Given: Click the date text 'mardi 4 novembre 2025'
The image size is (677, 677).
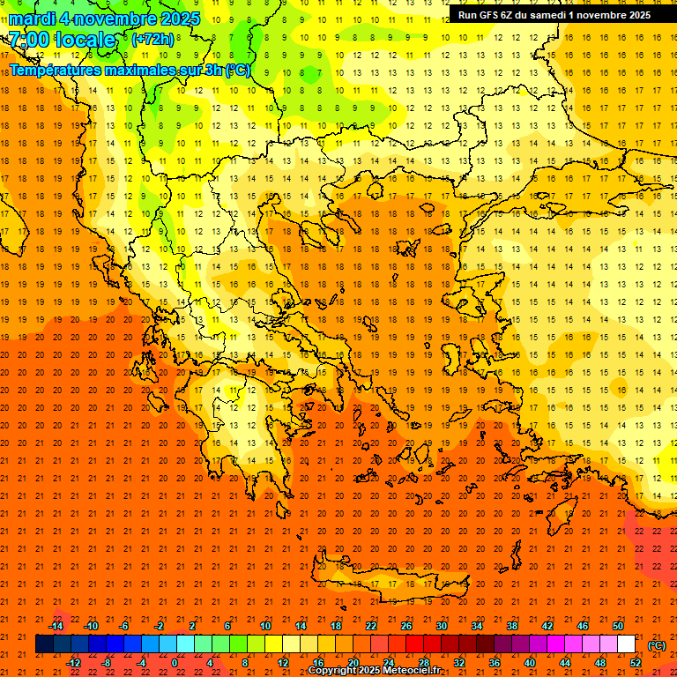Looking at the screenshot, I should pyautogui.click(x=105, y=19).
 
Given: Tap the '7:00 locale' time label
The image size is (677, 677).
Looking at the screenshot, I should pyautogui.click(x=62, y=40).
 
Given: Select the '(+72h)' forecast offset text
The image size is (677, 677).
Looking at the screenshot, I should pyautogui.click(x=153, y=40).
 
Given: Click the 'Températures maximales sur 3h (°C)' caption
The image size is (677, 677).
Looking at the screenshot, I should pyautogui.click(x=130, y=70).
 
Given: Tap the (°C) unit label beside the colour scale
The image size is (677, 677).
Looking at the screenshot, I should pyautogui.click(x=657, y=645).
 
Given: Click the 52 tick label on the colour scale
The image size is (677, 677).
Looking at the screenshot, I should pyautogui.click(x=636, y=663).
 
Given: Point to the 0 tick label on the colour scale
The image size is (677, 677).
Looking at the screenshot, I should pyautogui.click(x=175, y=663).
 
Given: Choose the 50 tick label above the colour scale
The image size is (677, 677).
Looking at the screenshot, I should pyautogui.click(x=617, y=626).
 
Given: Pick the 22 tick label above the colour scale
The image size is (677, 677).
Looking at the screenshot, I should pyautogui.click(x=370, y=626).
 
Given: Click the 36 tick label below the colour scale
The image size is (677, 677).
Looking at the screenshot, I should pyautogui.click(x=495, y=663).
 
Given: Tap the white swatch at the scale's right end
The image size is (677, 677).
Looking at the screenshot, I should pyautogui.click(x=626, y=644).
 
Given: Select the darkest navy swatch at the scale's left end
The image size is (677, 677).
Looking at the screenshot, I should pyautogui.click(x=44, y=644).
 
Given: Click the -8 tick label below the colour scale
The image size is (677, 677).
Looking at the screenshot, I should pyautogui.click(x=107, y=663).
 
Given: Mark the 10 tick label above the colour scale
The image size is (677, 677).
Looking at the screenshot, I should pyautogui.click(x=264, y=626).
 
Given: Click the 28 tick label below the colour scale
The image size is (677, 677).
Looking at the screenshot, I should pyautogui.click(x=424, y=663).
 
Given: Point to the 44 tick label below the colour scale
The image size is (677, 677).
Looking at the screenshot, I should pyautogui.click(x=565, y=663).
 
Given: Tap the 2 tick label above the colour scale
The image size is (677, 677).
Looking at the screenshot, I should pyautogui.click(x=193, y=626).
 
